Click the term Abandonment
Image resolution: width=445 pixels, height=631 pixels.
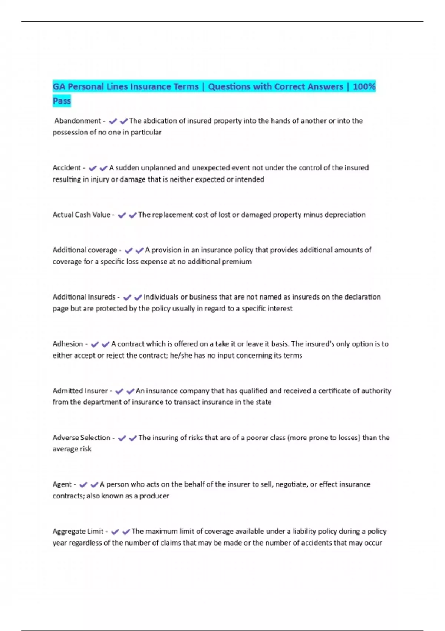[x=78, y=121]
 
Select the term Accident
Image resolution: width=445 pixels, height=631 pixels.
[x=67, y=168]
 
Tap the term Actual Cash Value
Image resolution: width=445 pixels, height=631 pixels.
[x=81, y=215]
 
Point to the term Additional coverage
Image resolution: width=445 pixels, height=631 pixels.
[x=85, y=250]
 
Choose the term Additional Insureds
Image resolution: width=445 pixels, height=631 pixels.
[x=84, y=297]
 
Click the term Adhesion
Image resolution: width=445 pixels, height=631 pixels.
[x=68, y=344]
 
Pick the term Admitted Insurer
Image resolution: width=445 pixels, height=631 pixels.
[x=80, y=390]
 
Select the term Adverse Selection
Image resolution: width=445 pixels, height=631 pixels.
[x=81, y=438]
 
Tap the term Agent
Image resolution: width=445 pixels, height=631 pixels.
[x=62, y=484]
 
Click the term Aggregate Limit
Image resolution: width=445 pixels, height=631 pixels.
[x=78, y=531]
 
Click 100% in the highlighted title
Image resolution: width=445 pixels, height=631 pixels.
[x=364, y=87]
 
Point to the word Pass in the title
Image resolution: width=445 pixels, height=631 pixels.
[x=62, y=101]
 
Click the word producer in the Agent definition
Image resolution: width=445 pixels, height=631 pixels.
[x=154, y=496]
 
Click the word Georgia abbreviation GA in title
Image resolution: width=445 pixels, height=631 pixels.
[x=59, y=87]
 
